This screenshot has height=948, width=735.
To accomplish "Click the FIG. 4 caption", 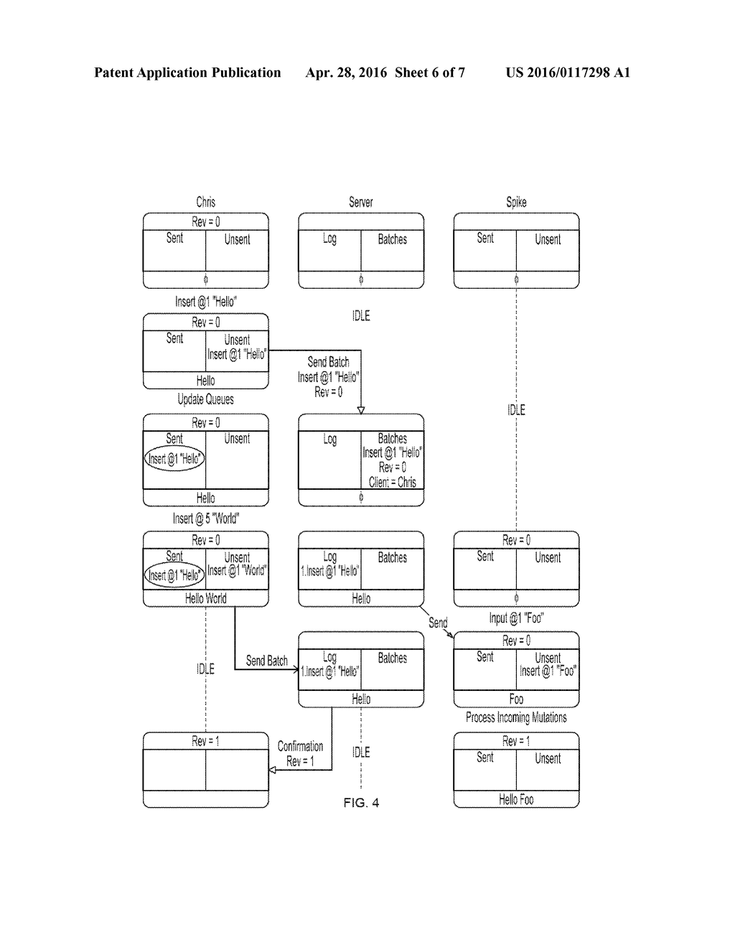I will [361, 802].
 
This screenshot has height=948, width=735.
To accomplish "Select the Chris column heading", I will [205, 202].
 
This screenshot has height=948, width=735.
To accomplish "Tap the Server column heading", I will [360, 202].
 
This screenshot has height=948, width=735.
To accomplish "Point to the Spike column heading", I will [516, 202].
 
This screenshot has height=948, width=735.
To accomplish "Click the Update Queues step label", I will [205, 399].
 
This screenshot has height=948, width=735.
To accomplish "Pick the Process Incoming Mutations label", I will [516, 717].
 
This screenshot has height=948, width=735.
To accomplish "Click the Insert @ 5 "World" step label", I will [205, 519].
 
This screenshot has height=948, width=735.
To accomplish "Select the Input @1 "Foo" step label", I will [516, 618].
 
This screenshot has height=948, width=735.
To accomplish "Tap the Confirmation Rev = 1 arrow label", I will [300, 753].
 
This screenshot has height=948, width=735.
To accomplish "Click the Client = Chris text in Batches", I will [392, 483].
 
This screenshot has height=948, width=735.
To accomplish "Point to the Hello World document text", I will [205, 598].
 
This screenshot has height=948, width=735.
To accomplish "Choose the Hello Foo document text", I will [516, 799].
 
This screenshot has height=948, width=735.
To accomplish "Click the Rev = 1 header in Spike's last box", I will [516, 741].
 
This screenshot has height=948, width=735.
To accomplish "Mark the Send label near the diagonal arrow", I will [438, 623].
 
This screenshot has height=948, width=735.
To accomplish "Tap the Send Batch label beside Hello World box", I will [266, 661].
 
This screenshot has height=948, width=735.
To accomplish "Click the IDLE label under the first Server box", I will [361, 316].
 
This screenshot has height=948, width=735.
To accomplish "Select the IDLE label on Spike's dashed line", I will [516, 410].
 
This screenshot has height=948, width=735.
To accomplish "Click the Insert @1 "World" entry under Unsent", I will [237, 571].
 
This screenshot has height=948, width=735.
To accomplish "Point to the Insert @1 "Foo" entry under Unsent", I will [548, 671].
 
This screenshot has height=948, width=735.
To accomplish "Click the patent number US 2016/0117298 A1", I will [568, 73].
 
